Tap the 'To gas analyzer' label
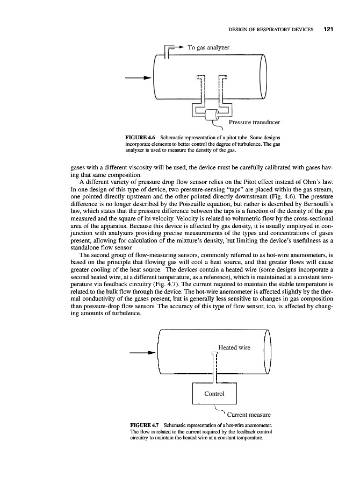208,48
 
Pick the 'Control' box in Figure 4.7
214,393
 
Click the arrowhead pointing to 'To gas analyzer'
179,47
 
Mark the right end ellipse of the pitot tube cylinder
263,79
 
